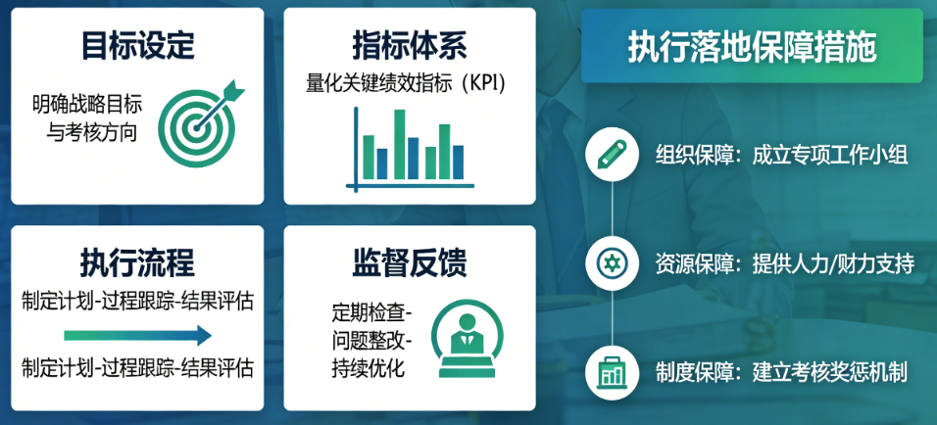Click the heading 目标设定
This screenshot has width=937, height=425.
(x=137, y=46)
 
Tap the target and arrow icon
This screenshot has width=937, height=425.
(x=200, y=123)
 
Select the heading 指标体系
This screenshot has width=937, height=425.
(x=410, y=46)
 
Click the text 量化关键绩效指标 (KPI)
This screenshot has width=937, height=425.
(x=406, y=83)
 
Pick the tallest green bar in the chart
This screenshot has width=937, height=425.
(x=399, y=145)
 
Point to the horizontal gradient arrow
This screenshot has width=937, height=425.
(x=137, y=336)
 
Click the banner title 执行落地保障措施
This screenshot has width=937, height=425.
(x=752, y=47)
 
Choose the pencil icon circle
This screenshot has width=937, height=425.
(x=613, y=154)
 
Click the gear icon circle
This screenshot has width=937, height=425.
(x=613, y=263)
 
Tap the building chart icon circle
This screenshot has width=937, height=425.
(x=613, y=372)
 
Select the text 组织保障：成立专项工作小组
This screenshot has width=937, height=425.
(x=781, y=155)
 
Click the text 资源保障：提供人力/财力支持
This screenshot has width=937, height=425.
(x=785, y=264)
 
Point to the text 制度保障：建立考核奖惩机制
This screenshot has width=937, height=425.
(x=781, y=373)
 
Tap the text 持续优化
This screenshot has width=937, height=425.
(x=369, y=367)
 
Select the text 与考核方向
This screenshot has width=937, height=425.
(x=92, y=133)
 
